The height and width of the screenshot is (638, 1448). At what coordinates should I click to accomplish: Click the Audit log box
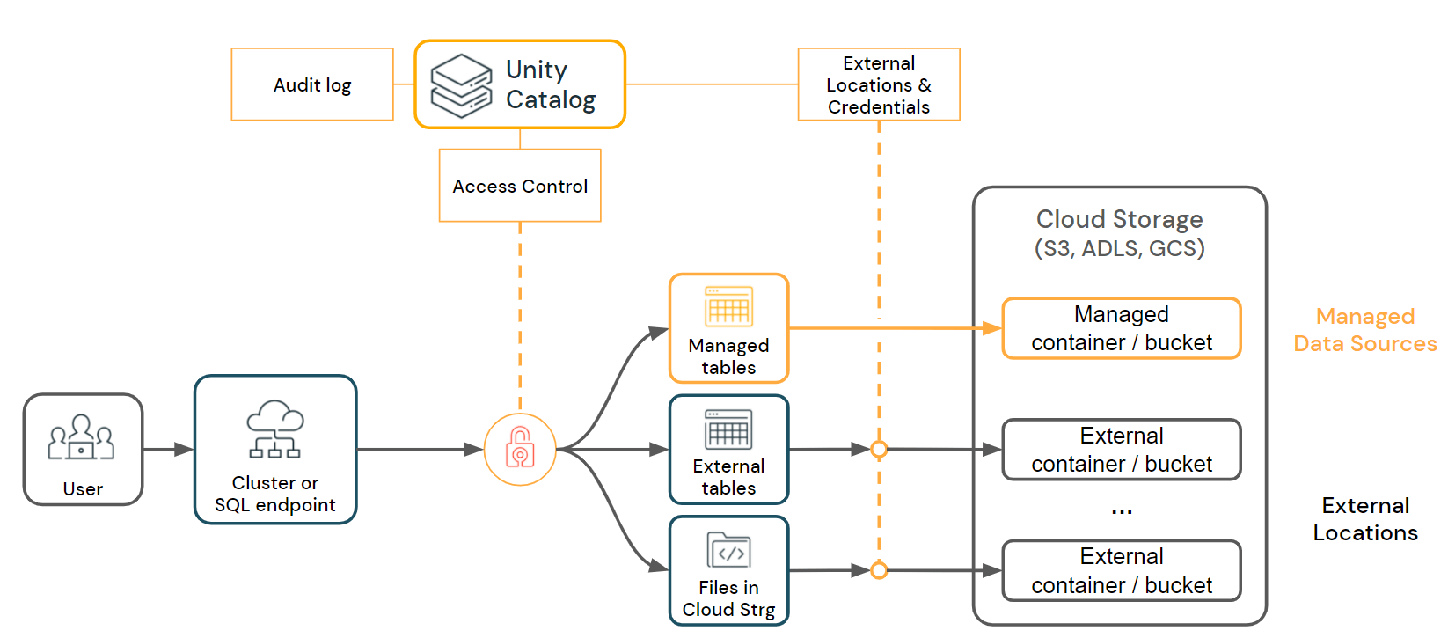point(312,84)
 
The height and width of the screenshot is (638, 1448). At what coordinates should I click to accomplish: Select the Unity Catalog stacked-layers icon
point(461,85)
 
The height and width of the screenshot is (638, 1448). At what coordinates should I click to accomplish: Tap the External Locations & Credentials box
point(878,84)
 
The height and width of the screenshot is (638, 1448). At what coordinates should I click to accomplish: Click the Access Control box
point(520,186)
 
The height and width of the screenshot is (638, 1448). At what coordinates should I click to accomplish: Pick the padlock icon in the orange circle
point(520,449)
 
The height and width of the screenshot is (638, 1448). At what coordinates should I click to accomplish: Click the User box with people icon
point(83,450)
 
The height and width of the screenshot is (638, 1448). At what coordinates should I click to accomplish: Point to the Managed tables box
point(728,328)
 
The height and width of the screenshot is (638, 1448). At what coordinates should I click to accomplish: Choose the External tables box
point(728,450)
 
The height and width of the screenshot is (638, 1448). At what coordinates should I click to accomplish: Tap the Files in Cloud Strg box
point(728,570)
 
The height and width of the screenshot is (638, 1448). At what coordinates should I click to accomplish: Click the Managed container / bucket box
point(1122,328)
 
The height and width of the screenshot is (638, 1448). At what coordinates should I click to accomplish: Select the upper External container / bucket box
point(1122,450)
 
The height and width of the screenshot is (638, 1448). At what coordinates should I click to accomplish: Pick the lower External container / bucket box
point(1122,570)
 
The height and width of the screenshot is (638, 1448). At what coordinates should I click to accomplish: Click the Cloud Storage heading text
point(1119,219)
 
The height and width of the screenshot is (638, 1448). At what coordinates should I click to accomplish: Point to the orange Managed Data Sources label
point(1364,330)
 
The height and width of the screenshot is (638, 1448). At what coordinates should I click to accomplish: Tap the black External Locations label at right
point(1365,519)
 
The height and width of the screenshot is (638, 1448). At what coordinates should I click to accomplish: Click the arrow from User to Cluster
point(168,450)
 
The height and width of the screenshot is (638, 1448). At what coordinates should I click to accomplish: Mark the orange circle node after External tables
point(878,450)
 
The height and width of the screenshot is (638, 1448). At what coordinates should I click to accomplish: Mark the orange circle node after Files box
point(878,570)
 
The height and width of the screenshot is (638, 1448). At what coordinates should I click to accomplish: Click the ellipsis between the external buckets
point(1122,511)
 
